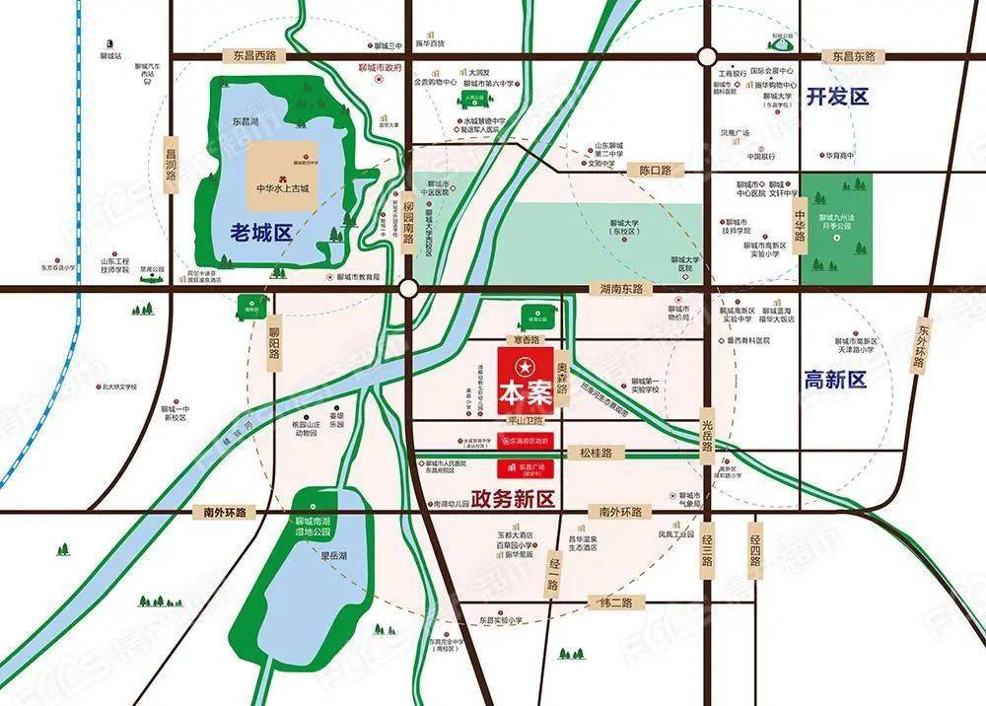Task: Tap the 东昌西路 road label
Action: coord(247,56)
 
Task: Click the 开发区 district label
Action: coord(836,97)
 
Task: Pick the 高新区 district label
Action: coord(834,380)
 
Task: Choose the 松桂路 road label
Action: coord(595,453)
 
